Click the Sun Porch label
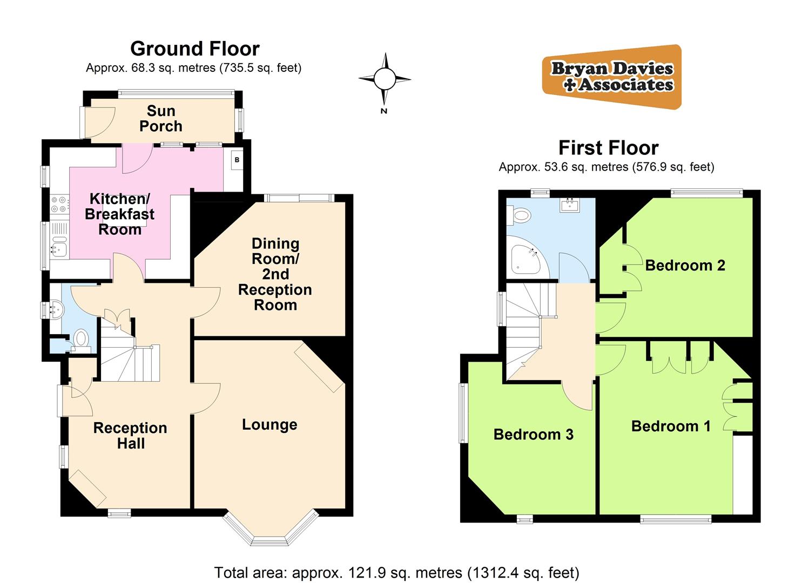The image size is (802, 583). tap(160, 119)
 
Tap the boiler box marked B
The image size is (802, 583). tap(237, 160)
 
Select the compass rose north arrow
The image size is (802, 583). tap(385, 79)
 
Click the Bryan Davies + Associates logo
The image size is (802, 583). tap(612, 77)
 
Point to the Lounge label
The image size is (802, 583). tap(269, 425)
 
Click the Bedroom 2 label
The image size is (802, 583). tap(685, 265)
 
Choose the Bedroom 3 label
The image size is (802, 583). tap(533, 435)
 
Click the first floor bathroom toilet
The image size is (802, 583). tap(520, 216)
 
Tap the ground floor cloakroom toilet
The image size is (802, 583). tap(82, 340)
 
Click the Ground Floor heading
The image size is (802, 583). tap(195, 49)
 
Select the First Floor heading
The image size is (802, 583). tap(608, 147)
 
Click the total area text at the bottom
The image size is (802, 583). tap(396, 572)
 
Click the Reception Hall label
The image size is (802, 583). tap(130, 436)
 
